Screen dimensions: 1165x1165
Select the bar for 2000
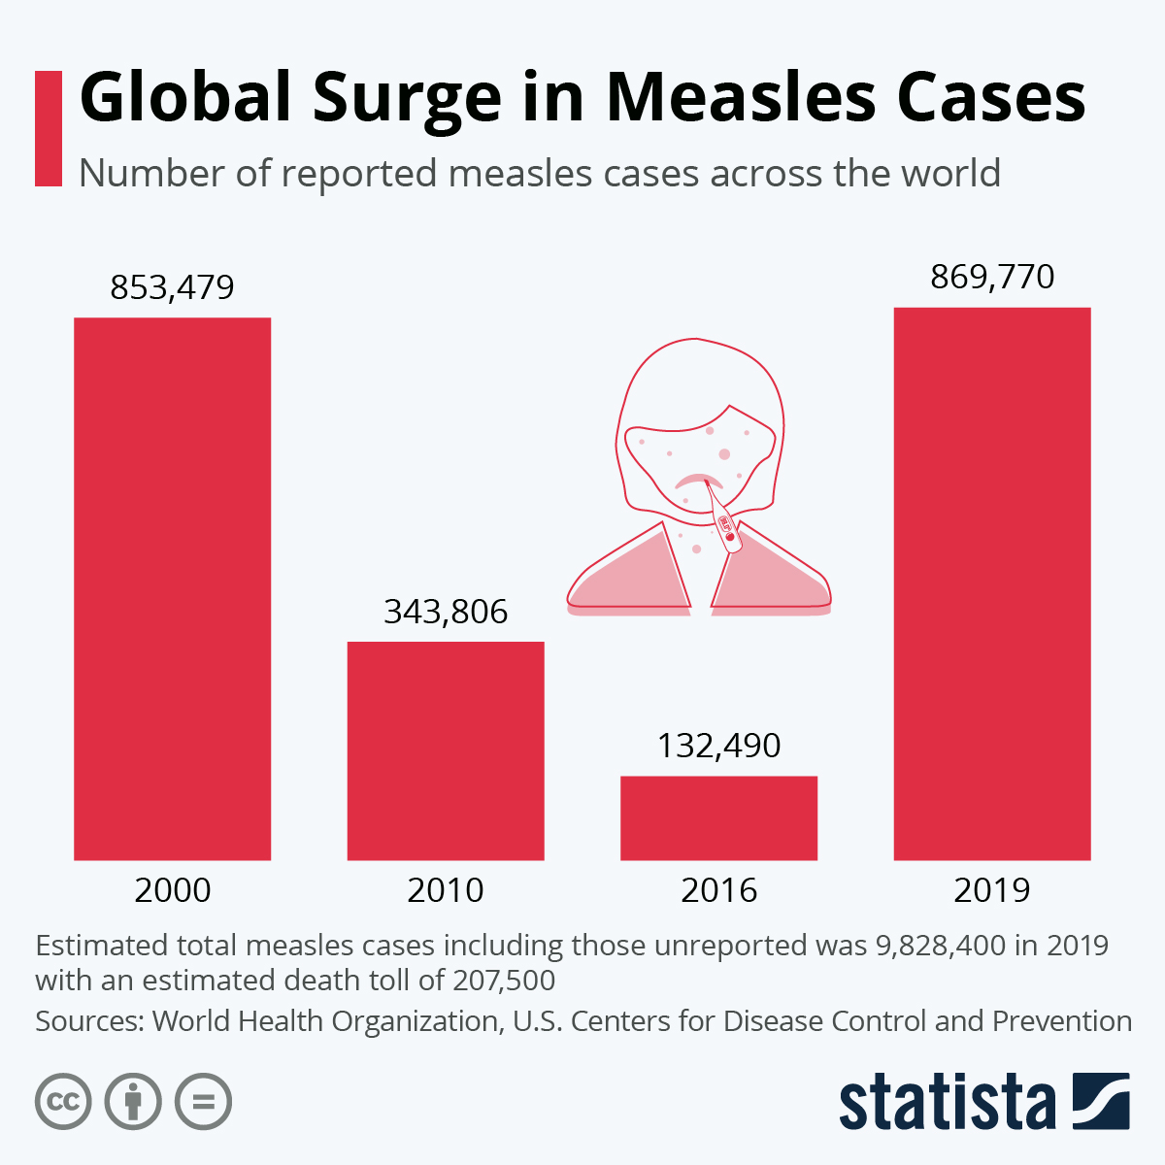pos(172,588)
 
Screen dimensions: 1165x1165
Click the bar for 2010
pos(446,750)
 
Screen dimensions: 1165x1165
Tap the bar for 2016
pos(718,817)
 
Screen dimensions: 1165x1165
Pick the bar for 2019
pos(992,583)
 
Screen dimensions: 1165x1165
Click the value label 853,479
pos(172,288)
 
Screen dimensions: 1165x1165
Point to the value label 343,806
pos(446,612)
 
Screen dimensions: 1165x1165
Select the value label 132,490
pos(718,746)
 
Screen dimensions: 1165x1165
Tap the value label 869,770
pos(992,278)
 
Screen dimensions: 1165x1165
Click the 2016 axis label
pos(718,890)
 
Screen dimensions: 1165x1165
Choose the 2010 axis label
pos(446,890)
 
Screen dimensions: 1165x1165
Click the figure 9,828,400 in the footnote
pos(941,945)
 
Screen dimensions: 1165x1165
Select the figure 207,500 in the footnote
pos(504,980)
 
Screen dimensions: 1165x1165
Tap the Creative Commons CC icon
pos(63,1102)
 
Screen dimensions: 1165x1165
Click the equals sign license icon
pos(203,1102)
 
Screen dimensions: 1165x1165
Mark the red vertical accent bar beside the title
pos(48,128)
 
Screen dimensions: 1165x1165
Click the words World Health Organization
pos(325,1021)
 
